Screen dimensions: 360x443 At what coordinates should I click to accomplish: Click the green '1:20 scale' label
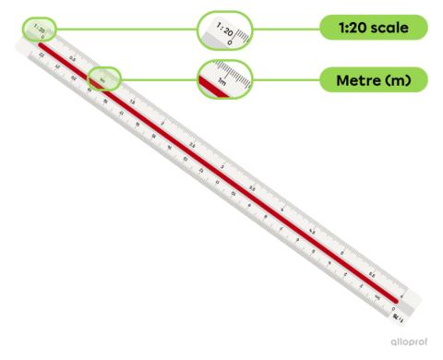(x=375, y=29)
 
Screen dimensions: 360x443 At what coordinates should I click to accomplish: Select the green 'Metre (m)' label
(x=375, y=80)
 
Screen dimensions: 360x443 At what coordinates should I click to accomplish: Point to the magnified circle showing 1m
(x=224, y=79)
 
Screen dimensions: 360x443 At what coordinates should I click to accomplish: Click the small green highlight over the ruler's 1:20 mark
(x=39, y=29)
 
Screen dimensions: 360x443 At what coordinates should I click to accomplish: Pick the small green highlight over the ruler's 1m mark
(x=103, y=79)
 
